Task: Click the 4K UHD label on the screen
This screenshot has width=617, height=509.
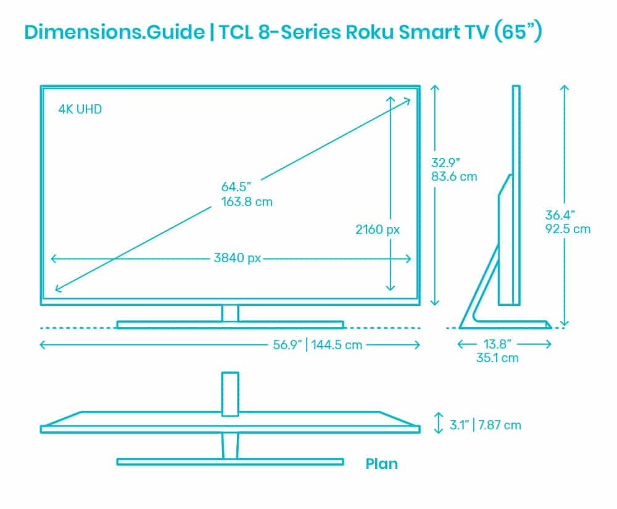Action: (x=80, y=110)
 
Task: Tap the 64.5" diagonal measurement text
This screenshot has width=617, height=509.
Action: (x=236, y=186)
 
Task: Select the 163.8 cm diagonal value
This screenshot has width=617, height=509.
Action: (x=247, y=201)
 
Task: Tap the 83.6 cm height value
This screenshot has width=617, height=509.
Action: (x=454, y=176)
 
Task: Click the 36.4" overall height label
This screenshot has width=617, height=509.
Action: (x=560, y=215)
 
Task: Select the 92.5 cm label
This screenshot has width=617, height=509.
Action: (x=568, y=229)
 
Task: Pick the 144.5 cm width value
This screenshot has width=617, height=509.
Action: (x=336, y=345)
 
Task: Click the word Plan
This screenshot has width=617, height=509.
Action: (x=381, y=463)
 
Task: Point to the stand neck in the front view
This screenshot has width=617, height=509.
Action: (x=230, y=313)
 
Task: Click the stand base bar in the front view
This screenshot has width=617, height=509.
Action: (x=230, y=325)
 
